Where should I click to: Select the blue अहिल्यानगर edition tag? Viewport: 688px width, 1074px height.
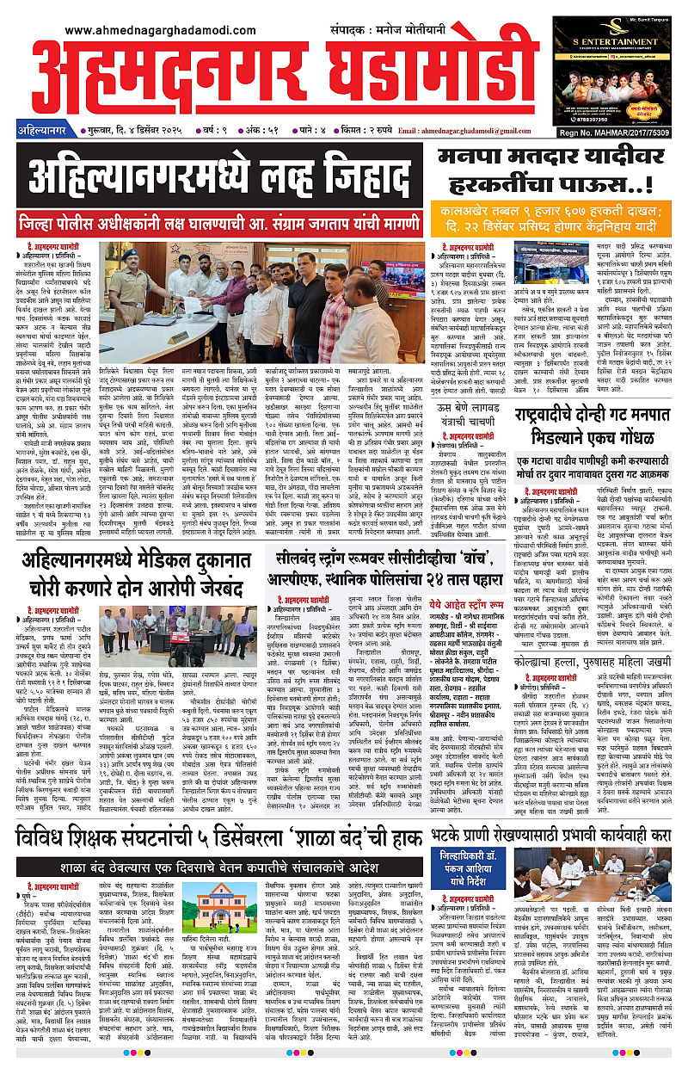click(47, 130)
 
